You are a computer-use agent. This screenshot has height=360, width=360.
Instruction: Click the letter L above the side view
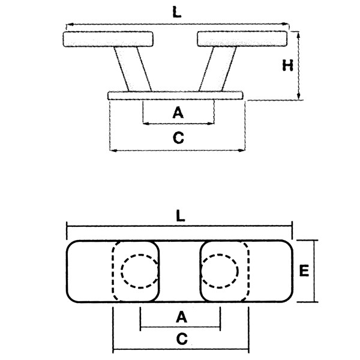pos(176,12)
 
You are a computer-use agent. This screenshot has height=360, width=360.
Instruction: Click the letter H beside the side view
pos(287,65)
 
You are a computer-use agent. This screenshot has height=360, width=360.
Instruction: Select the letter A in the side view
pos(178,113)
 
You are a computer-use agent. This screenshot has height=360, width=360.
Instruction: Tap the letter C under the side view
pos(178,137)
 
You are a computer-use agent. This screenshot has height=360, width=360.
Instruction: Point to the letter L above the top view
pos(180,216)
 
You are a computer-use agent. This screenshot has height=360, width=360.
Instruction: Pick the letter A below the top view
pos(181,317)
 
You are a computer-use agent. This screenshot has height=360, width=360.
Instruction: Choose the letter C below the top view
pos(182,339)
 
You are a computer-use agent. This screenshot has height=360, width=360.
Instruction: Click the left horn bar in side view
pos(108,39)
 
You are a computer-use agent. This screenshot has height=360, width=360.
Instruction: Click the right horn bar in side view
pos(242,39)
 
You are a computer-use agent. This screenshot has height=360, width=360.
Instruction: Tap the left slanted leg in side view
pos(133,69)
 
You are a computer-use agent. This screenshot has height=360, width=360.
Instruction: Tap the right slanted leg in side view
pos(217,69)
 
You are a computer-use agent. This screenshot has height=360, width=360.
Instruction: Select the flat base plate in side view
pos(175,95)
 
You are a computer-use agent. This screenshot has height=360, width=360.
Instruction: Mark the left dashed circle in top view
pos(121,271)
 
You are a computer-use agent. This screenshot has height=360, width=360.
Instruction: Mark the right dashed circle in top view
pos(238,271)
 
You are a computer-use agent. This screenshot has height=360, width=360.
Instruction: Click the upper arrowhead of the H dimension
pos(298,34)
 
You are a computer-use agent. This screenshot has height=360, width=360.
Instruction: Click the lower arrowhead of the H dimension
pos(298,97)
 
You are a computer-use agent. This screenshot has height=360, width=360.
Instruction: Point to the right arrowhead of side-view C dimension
pos(242,151)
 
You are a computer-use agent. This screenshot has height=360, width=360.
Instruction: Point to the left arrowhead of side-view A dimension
pos(146,124)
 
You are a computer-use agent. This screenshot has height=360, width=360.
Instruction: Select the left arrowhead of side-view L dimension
pos(70,25)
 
